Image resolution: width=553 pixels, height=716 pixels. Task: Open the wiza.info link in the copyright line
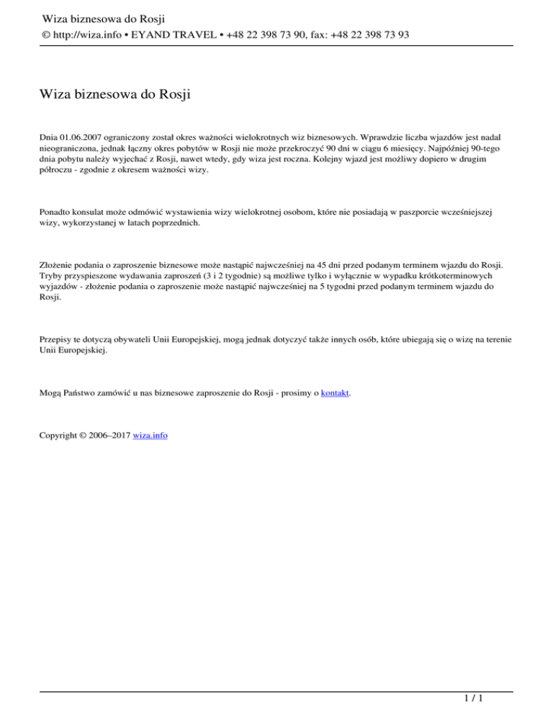click(x=150, y=436)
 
